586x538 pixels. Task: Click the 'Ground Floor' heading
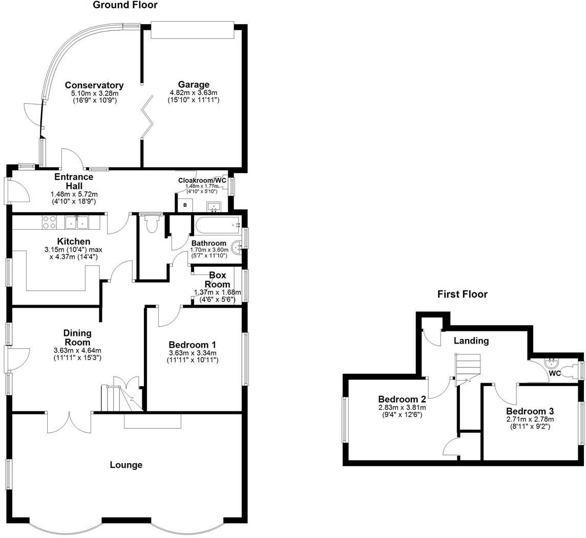tap(125, 5)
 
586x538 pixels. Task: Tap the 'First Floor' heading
tap(462, 294)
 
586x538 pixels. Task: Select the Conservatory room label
tap(94, 85)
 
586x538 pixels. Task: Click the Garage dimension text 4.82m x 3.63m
tap(194, 93)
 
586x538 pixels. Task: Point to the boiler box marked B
tap(184, 206)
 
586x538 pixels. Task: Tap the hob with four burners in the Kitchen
tap(50, 223)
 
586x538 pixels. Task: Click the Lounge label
tap(126, 465)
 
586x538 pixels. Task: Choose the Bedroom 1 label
tap(194, 345)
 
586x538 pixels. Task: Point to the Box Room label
tap(217, 280)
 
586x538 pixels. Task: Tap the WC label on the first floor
tap(555, 373)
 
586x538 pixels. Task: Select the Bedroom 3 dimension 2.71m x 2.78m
tap(530, 419)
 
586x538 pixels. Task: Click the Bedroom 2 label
tap(402, 400)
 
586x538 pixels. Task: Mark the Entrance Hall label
tap(74, 182)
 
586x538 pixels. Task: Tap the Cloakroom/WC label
tap(202, 181)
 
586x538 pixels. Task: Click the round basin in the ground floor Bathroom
tap(238, 248)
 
